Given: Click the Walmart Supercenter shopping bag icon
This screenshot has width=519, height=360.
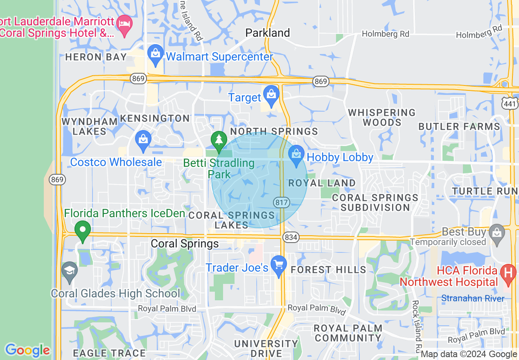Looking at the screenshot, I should click(x=156, y=56).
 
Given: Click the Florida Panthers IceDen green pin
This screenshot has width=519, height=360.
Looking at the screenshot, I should click(x=83, y=231).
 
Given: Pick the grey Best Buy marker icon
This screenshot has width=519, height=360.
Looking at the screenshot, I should click(x=497, y=234).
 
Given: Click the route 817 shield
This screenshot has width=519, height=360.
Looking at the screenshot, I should click(x=282, y=202).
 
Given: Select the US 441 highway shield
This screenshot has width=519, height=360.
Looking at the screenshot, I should click(x=510, y=103).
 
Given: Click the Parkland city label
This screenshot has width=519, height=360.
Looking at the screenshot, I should click(x=268, y=33).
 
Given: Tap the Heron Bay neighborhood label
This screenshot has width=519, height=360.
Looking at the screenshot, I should click(x=96, y=57).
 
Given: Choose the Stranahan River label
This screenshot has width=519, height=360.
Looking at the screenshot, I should click(x=473, y=298).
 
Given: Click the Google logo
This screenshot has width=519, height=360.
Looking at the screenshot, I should click(x=27, y=350).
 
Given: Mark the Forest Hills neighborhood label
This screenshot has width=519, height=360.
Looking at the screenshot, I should click(x=328, y=270).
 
